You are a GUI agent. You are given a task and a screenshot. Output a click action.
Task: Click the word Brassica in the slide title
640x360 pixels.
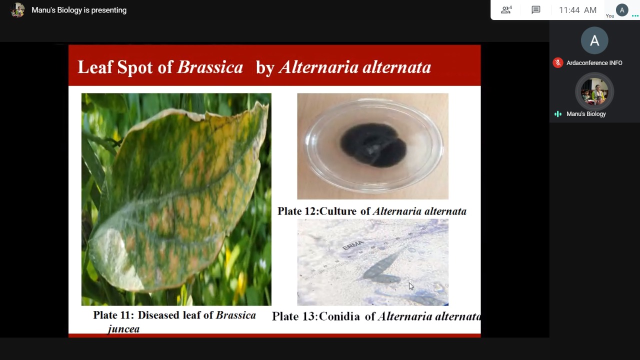click(x=210, y=67)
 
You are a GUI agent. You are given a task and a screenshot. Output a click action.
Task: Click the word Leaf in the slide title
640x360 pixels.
click(x=95, y=67)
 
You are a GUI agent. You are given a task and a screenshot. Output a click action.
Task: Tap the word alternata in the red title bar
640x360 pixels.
click(x=397, y=67)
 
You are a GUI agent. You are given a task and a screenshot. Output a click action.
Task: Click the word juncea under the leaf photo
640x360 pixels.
click(x=123, y=329)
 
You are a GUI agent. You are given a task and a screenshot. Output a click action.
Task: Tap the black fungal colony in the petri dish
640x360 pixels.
click(x=373, y=145)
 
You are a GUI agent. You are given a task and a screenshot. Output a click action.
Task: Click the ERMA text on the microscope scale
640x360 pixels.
click(x=353, y=245)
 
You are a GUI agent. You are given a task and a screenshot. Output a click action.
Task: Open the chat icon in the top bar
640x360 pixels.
click(x=535, y=10)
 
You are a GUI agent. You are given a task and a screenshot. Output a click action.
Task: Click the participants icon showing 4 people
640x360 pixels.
click(x=506, y=10)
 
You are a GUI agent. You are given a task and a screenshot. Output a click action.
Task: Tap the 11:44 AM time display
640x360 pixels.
click(x=577, y=10)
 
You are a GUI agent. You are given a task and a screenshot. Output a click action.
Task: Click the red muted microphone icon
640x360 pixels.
click(x=557, y=63)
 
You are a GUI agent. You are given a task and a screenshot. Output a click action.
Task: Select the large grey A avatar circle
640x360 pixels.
click(x=594, y=40)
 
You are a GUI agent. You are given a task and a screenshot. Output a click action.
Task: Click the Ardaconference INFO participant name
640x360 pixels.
click(x=594, y=63)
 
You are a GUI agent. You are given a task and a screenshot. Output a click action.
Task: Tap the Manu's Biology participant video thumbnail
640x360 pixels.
click(x=594, y=91)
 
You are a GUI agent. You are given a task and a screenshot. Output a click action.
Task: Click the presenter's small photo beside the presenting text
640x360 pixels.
click(x=17, y=10)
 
